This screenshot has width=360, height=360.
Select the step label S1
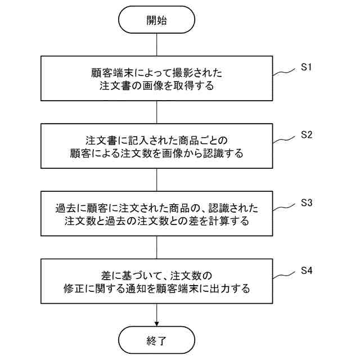[x=306, y=68]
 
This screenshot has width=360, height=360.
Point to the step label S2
[x=306, y=136]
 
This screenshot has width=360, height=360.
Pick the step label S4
[x=306, y=271]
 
